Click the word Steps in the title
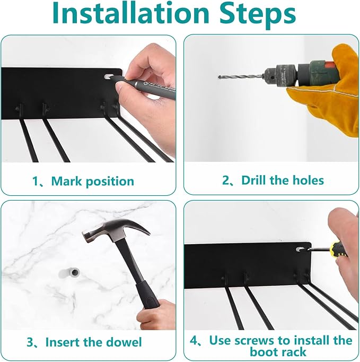[258, 15]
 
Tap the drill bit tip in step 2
[219, 77]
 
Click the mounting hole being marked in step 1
[108, 76]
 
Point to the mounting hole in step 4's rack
[300, 249]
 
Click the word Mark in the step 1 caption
[67, 181]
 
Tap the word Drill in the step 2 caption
[253, 180]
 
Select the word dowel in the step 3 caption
[124, 342]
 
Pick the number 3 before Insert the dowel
[30, 342]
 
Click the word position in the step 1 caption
[110, 182]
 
